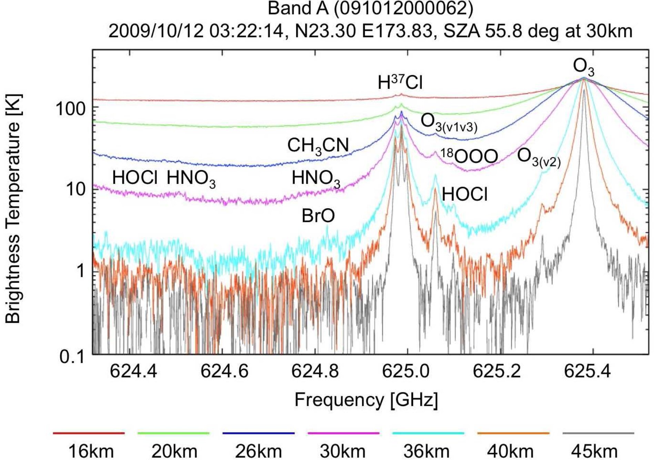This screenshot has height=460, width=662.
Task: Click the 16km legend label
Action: [91, 451]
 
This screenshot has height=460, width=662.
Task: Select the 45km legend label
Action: [594, 451]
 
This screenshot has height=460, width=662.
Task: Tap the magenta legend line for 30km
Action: [343, 433]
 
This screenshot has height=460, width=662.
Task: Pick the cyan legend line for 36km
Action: [428, 433]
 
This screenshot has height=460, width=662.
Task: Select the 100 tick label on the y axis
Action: [70, 109]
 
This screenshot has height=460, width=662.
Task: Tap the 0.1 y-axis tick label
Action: [72, 357]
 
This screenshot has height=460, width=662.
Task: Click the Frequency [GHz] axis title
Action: [366, 401]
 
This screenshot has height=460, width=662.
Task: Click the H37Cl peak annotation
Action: [400, 83]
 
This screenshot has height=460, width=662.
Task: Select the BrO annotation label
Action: [318, 216]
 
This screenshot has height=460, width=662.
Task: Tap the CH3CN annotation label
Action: [318, 146]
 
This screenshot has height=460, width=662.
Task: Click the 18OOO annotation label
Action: [469, 156]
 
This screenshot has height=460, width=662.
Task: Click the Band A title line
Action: [370, 8]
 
